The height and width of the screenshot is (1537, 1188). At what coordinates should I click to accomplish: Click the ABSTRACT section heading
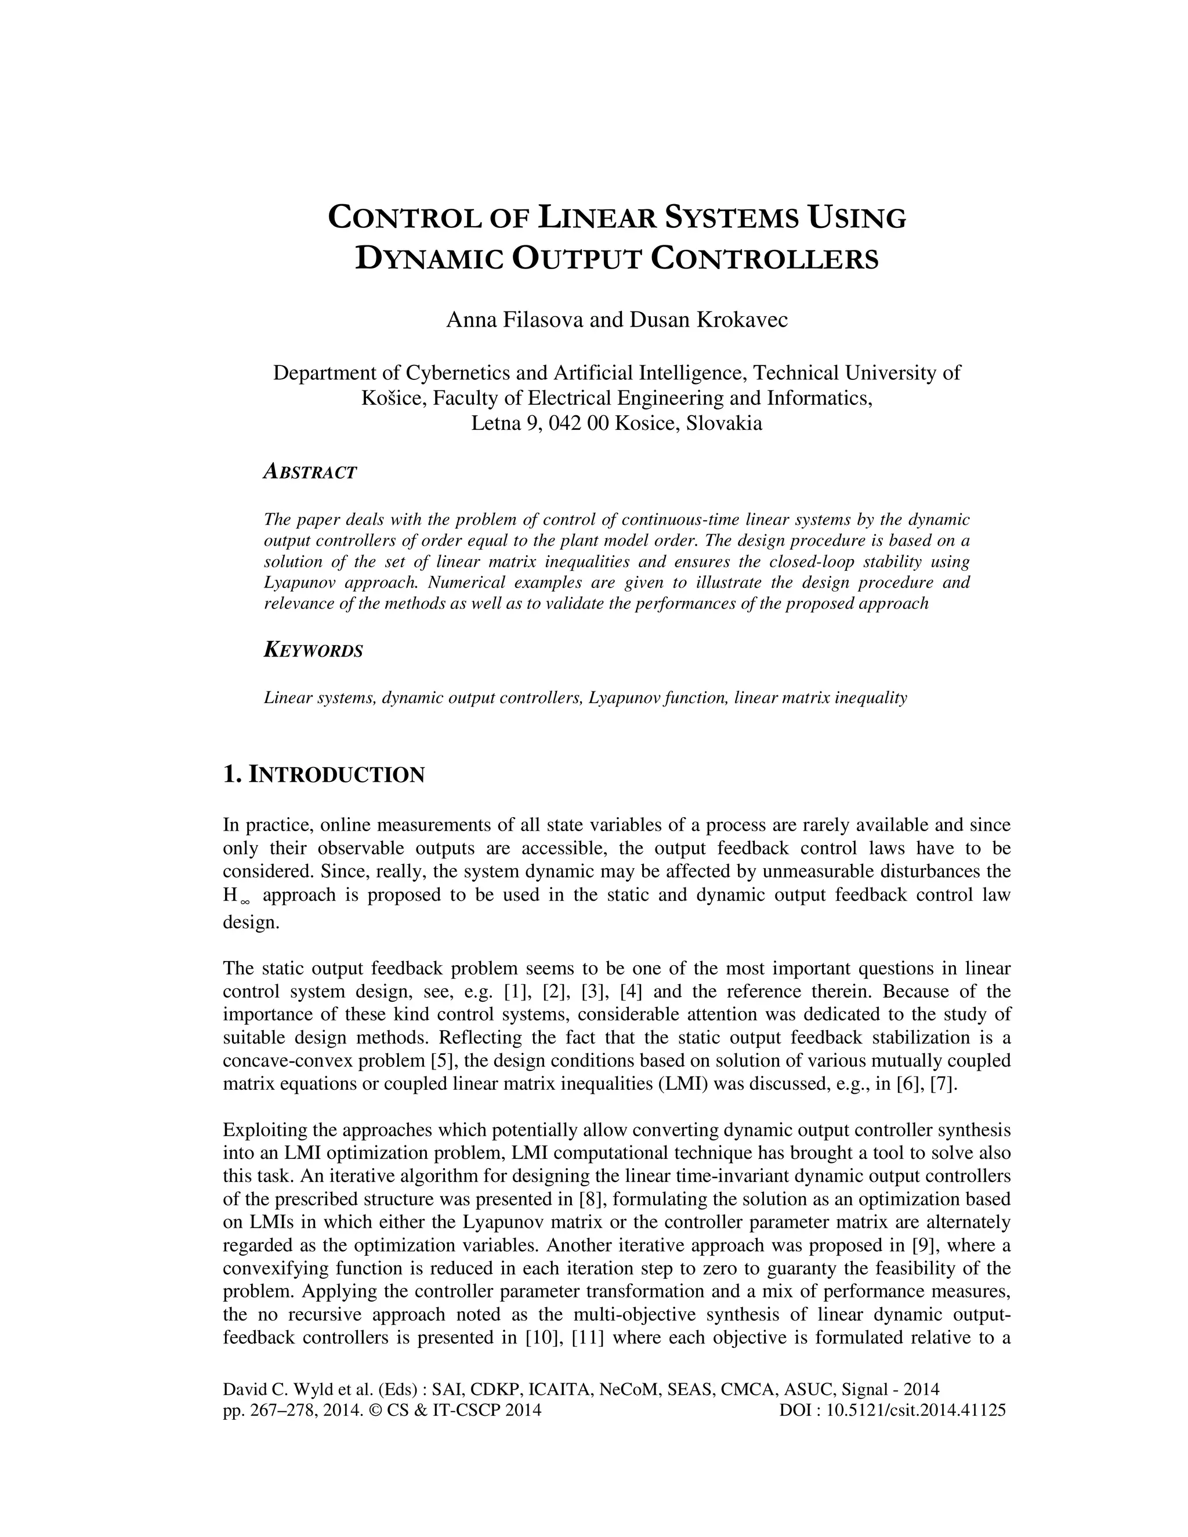(x=310, y=472)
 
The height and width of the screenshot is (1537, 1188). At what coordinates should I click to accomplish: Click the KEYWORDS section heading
(x=313, y=650)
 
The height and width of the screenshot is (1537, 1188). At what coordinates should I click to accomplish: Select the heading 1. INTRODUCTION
(x=324, y=775)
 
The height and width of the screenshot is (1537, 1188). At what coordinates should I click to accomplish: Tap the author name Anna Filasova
(x=515, y=320)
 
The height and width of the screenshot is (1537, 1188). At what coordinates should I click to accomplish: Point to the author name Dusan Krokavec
(x=709, y=320)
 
